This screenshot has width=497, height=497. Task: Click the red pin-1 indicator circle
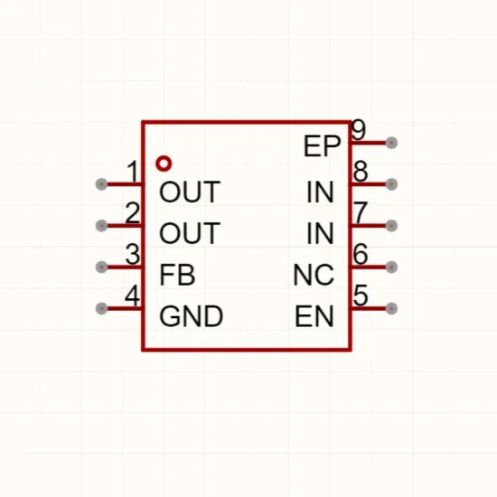[164, 159]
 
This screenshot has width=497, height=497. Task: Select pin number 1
[133, 171]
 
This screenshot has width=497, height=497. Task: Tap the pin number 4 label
[132, 295]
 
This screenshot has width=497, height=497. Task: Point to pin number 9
[359, 129]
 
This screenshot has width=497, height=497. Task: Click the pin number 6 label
[360, 254]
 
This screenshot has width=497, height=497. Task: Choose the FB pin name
[177, 275]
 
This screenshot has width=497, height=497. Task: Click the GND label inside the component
[192, 316]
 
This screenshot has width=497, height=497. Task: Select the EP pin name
[322, 146]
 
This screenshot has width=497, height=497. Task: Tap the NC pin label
[314, 275]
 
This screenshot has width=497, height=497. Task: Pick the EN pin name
[314, 316]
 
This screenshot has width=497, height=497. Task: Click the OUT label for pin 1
[190, 192]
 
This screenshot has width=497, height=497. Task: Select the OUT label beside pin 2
[190, 233]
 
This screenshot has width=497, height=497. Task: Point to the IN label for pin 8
[320, 192]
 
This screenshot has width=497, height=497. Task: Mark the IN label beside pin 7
[320, 233]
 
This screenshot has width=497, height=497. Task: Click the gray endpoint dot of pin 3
[101, 267]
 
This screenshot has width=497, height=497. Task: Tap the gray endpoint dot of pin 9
[391, 143]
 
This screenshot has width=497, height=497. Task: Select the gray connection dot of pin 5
[391, 308]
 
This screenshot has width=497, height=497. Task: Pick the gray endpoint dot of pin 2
[101, 226]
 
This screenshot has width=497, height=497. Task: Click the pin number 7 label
[361, 212]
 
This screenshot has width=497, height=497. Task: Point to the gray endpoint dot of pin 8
[391, 184]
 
